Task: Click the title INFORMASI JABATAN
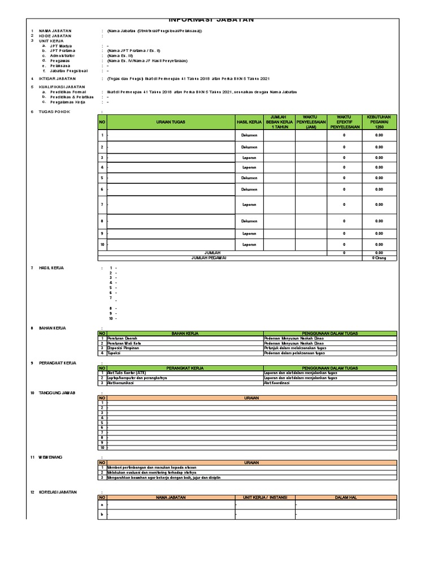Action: (212, 20)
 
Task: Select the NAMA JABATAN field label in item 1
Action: (55, 31)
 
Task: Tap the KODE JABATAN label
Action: (55, 36)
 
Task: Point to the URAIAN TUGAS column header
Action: (171, 122)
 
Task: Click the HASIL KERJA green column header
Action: (249, 122)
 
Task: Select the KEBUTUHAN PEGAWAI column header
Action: (379, 122)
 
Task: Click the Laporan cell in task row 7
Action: (249, 205)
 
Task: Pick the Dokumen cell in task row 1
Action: (249, 136)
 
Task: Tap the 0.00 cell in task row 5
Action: (379, 178)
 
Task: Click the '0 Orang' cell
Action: (379, 257)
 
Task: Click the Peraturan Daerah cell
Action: (121, 338)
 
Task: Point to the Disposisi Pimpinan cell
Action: (123, 348)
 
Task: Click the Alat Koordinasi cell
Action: (277, 383)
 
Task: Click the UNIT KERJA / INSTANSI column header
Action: (264, 498)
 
